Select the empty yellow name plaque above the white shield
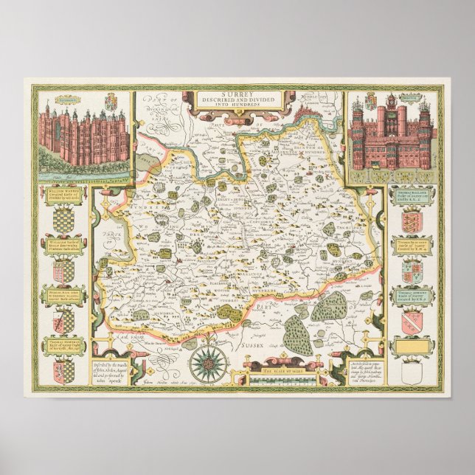click(x=409, y=343)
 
